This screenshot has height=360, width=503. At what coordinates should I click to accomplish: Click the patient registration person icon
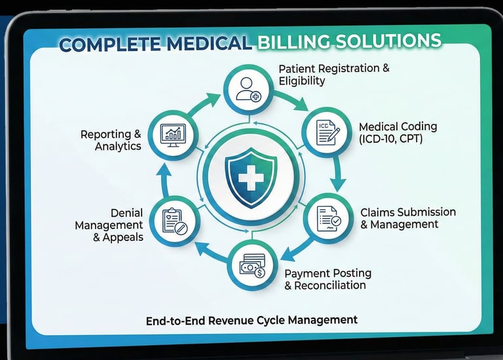pyautogui.click(x=250, y=88)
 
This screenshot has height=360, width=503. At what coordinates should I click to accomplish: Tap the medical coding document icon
pyautogui.click(x=327, y=132)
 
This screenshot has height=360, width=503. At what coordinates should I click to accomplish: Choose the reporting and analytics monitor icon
pyautogui.click(x=174, y=135)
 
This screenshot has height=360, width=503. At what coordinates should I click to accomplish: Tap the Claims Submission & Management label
pyautogui.click(x=407, y=219)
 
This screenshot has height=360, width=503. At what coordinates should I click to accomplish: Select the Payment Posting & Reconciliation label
pyautogui.click(x=327, y=279)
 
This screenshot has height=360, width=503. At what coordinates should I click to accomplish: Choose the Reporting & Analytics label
pyautogui.click(x=111, y=140)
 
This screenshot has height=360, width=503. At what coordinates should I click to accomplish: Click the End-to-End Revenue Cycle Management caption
pyautogui.click(x=251, y=320)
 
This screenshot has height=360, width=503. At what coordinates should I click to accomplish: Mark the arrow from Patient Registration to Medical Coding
pyautogui.click(x=292, y=99)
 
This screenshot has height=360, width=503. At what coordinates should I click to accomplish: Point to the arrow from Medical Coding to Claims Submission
pyautogui.click(x=339, y=175)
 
